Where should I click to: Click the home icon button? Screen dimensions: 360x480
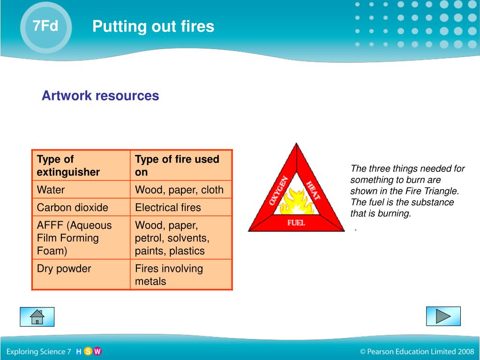(x=37, y=317)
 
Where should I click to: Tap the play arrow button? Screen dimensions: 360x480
(x=443, y=316)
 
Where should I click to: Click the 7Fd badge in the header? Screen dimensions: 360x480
(x=45, y=26)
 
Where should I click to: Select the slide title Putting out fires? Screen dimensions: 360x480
(x=153, y=26)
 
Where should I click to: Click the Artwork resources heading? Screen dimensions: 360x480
(x=100, y=96)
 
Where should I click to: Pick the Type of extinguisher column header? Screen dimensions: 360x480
(x=68, y=165)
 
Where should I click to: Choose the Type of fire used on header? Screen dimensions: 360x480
(x=177, y=165)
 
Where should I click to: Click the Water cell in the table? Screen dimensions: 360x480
(x=51, y=190)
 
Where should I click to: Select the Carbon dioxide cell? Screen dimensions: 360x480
(x=73, y=207)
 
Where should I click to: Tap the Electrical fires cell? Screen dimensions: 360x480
(x=168, y=207)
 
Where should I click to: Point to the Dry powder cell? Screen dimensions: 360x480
(x=64, y=269)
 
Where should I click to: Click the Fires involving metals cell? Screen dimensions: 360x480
(x=169, y=275)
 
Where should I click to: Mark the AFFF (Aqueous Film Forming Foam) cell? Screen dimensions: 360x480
(x=74, y=238)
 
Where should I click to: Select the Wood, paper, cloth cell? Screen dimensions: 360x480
(x=179, y=190)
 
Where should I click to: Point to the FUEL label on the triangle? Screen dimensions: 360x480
(x=296, y=223)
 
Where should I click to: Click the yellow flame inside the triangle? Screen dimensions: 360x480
(x=296, y=202)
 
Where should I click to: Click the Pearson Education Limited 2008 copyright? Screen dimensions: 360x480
(x=417, y=351)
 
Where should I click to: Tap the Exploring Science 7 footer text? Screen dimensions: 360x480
(x=38, y=351)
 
